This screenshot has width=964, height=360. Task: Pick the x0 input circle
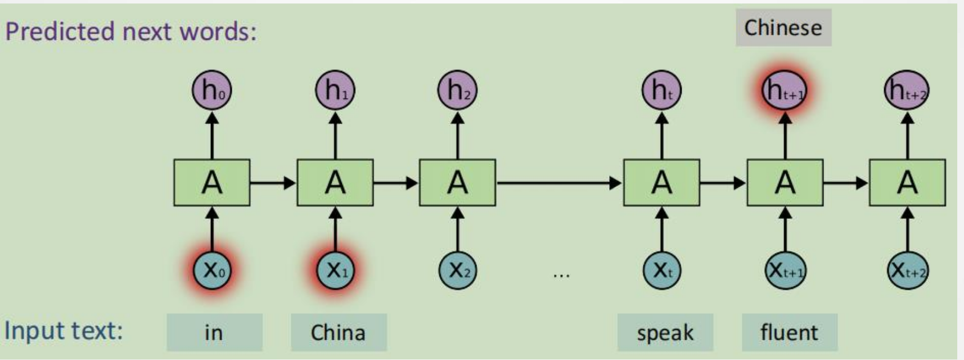(x=212, y=271)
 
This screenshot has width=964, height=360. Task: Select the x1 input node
(x=335, y=271)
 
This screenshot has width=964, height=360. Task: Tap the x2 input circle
(x=457, y=271)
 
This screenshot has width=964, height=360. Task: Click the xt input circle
(x=662, y=271)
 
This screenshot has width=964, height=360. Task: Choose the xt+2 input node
(x=907, y=271)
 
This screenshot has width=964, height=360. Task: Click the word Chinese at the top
(x=783, y=28)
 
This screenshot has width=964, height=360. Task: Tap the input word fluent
(x=789, y=332)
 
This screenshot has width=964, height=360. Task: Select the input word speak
(x=665, y=332)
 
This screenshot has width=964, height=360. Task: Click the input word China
(x=338, y=332)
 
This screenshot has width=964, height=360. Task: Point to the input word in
(x=214, y=332)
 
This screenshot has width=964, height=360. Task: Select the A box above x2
(x=457, y=183)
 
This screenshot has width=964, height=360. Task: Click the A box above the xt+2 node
(x=907, y=183)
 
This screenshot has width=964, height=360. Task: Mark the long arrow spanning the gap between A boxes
(x=559, y=183)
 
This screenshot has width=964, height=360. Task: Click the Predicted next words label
(x=130, y=31)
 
